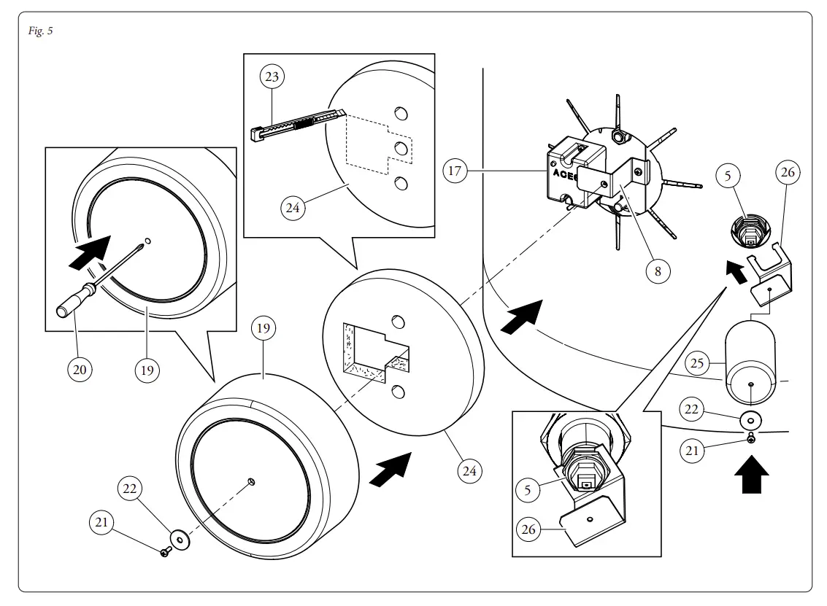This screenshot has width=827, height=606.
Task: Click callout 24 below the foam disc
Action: pos(469,471)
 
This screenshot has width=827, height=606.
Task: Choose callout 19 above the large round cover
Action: pos(263,329)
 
